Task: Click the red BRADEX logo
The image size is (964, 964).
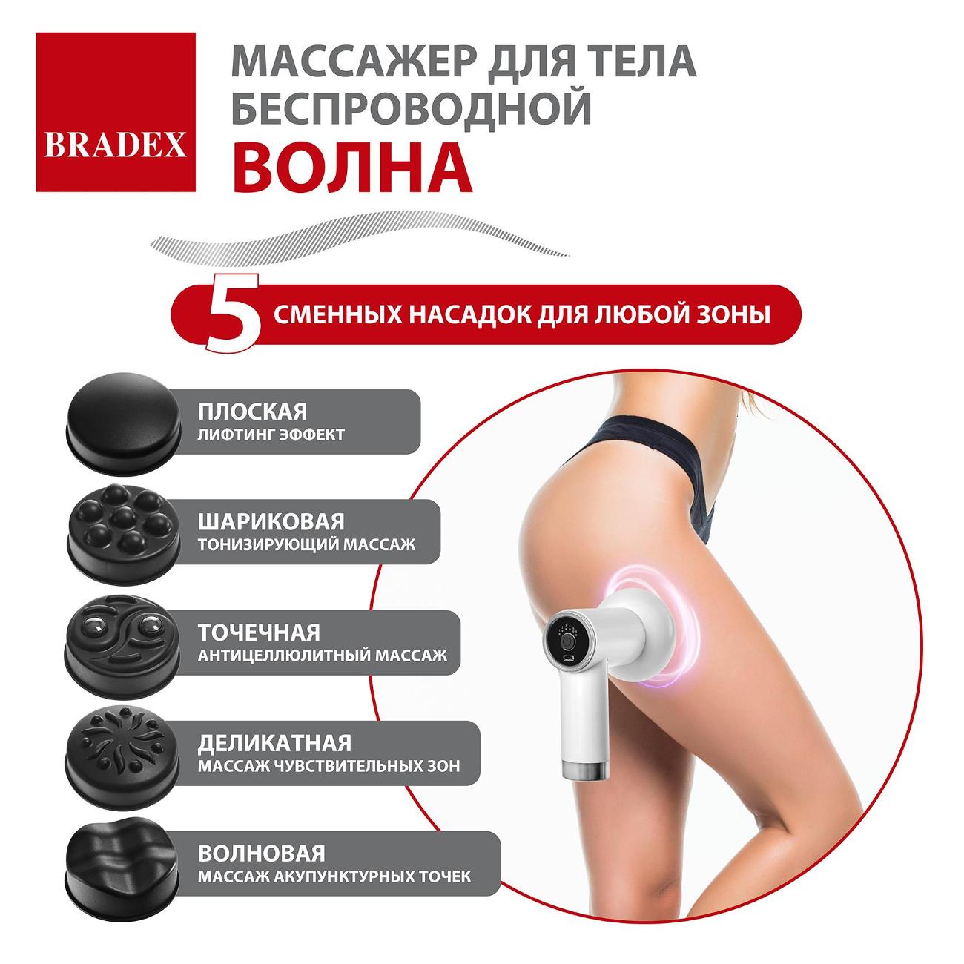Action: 116,112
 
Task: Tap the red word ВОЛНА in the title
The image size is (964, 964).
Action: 352,168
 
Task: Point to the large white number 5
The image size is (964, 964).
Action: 234,312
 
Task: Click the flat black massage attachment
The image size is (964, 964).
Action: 123,418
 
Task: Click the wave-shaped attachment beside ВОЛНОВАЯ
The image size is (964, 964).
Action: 122,869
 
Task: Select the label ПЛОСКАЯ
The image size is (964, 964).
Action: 252,412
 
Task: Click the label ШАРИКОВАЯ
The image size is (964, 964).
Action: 271,522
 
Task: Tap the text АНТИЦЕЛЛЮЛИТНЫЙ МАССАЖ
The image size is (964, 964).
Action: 322,656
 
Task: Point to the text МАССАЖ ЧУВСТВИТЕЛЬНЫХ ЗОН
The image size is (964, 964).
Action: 329,766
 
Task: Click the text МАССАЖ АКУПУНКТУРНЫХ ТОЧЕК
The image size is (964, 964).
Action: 334,876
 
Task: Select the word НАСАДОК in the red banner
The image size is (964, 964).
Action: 467,314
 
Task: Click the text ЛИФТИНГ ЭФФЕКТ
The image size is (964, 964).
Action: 271,435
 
